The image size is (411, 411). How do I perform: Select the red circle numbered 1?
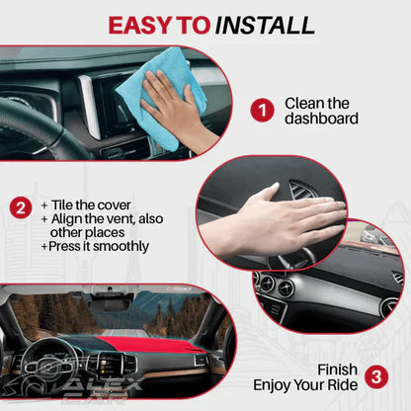coord(261,111)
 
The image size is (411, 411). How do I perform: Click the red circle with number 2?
coord(20,207)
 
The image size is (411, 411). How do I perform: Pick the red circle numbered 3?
coord(375,376)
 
